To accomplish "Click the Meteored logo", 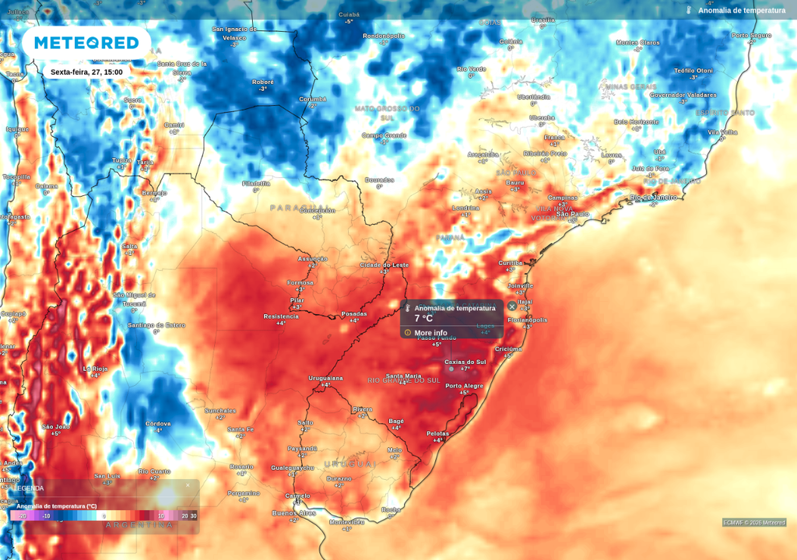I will (86, 43).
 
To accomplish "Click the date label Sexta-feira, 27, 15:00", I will (86, 72).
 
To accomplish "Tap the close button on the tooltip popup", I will (512, 306).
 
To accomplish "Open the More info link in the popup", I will (430, 333).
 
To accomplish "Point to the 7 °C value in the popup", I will (423, 318).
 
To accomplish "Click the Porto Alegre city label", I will (465, 387).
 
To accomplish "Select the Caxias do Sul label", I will (465, 362).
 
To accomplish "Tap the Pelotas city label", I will (438, 433).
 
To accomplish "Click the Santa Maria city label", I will (403, 376).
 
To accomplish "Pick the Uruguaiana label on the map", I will (325, 378).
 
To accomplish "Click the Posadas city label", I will (354, 314).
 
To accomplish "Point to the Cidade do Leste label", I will (384, 265).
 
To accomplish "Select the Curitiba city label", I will (511, 263).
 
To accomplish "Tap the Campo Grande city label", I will (384, 135).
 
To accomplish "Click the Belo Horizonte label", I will (636, 121).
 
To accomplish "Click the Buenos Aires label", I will (293, 513).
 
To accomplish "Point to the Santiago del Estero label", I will (156, 324).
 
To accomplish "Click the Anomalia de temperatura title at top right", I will (741, 10).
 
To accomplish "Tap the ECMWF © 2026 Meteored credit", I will (753, 523).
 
